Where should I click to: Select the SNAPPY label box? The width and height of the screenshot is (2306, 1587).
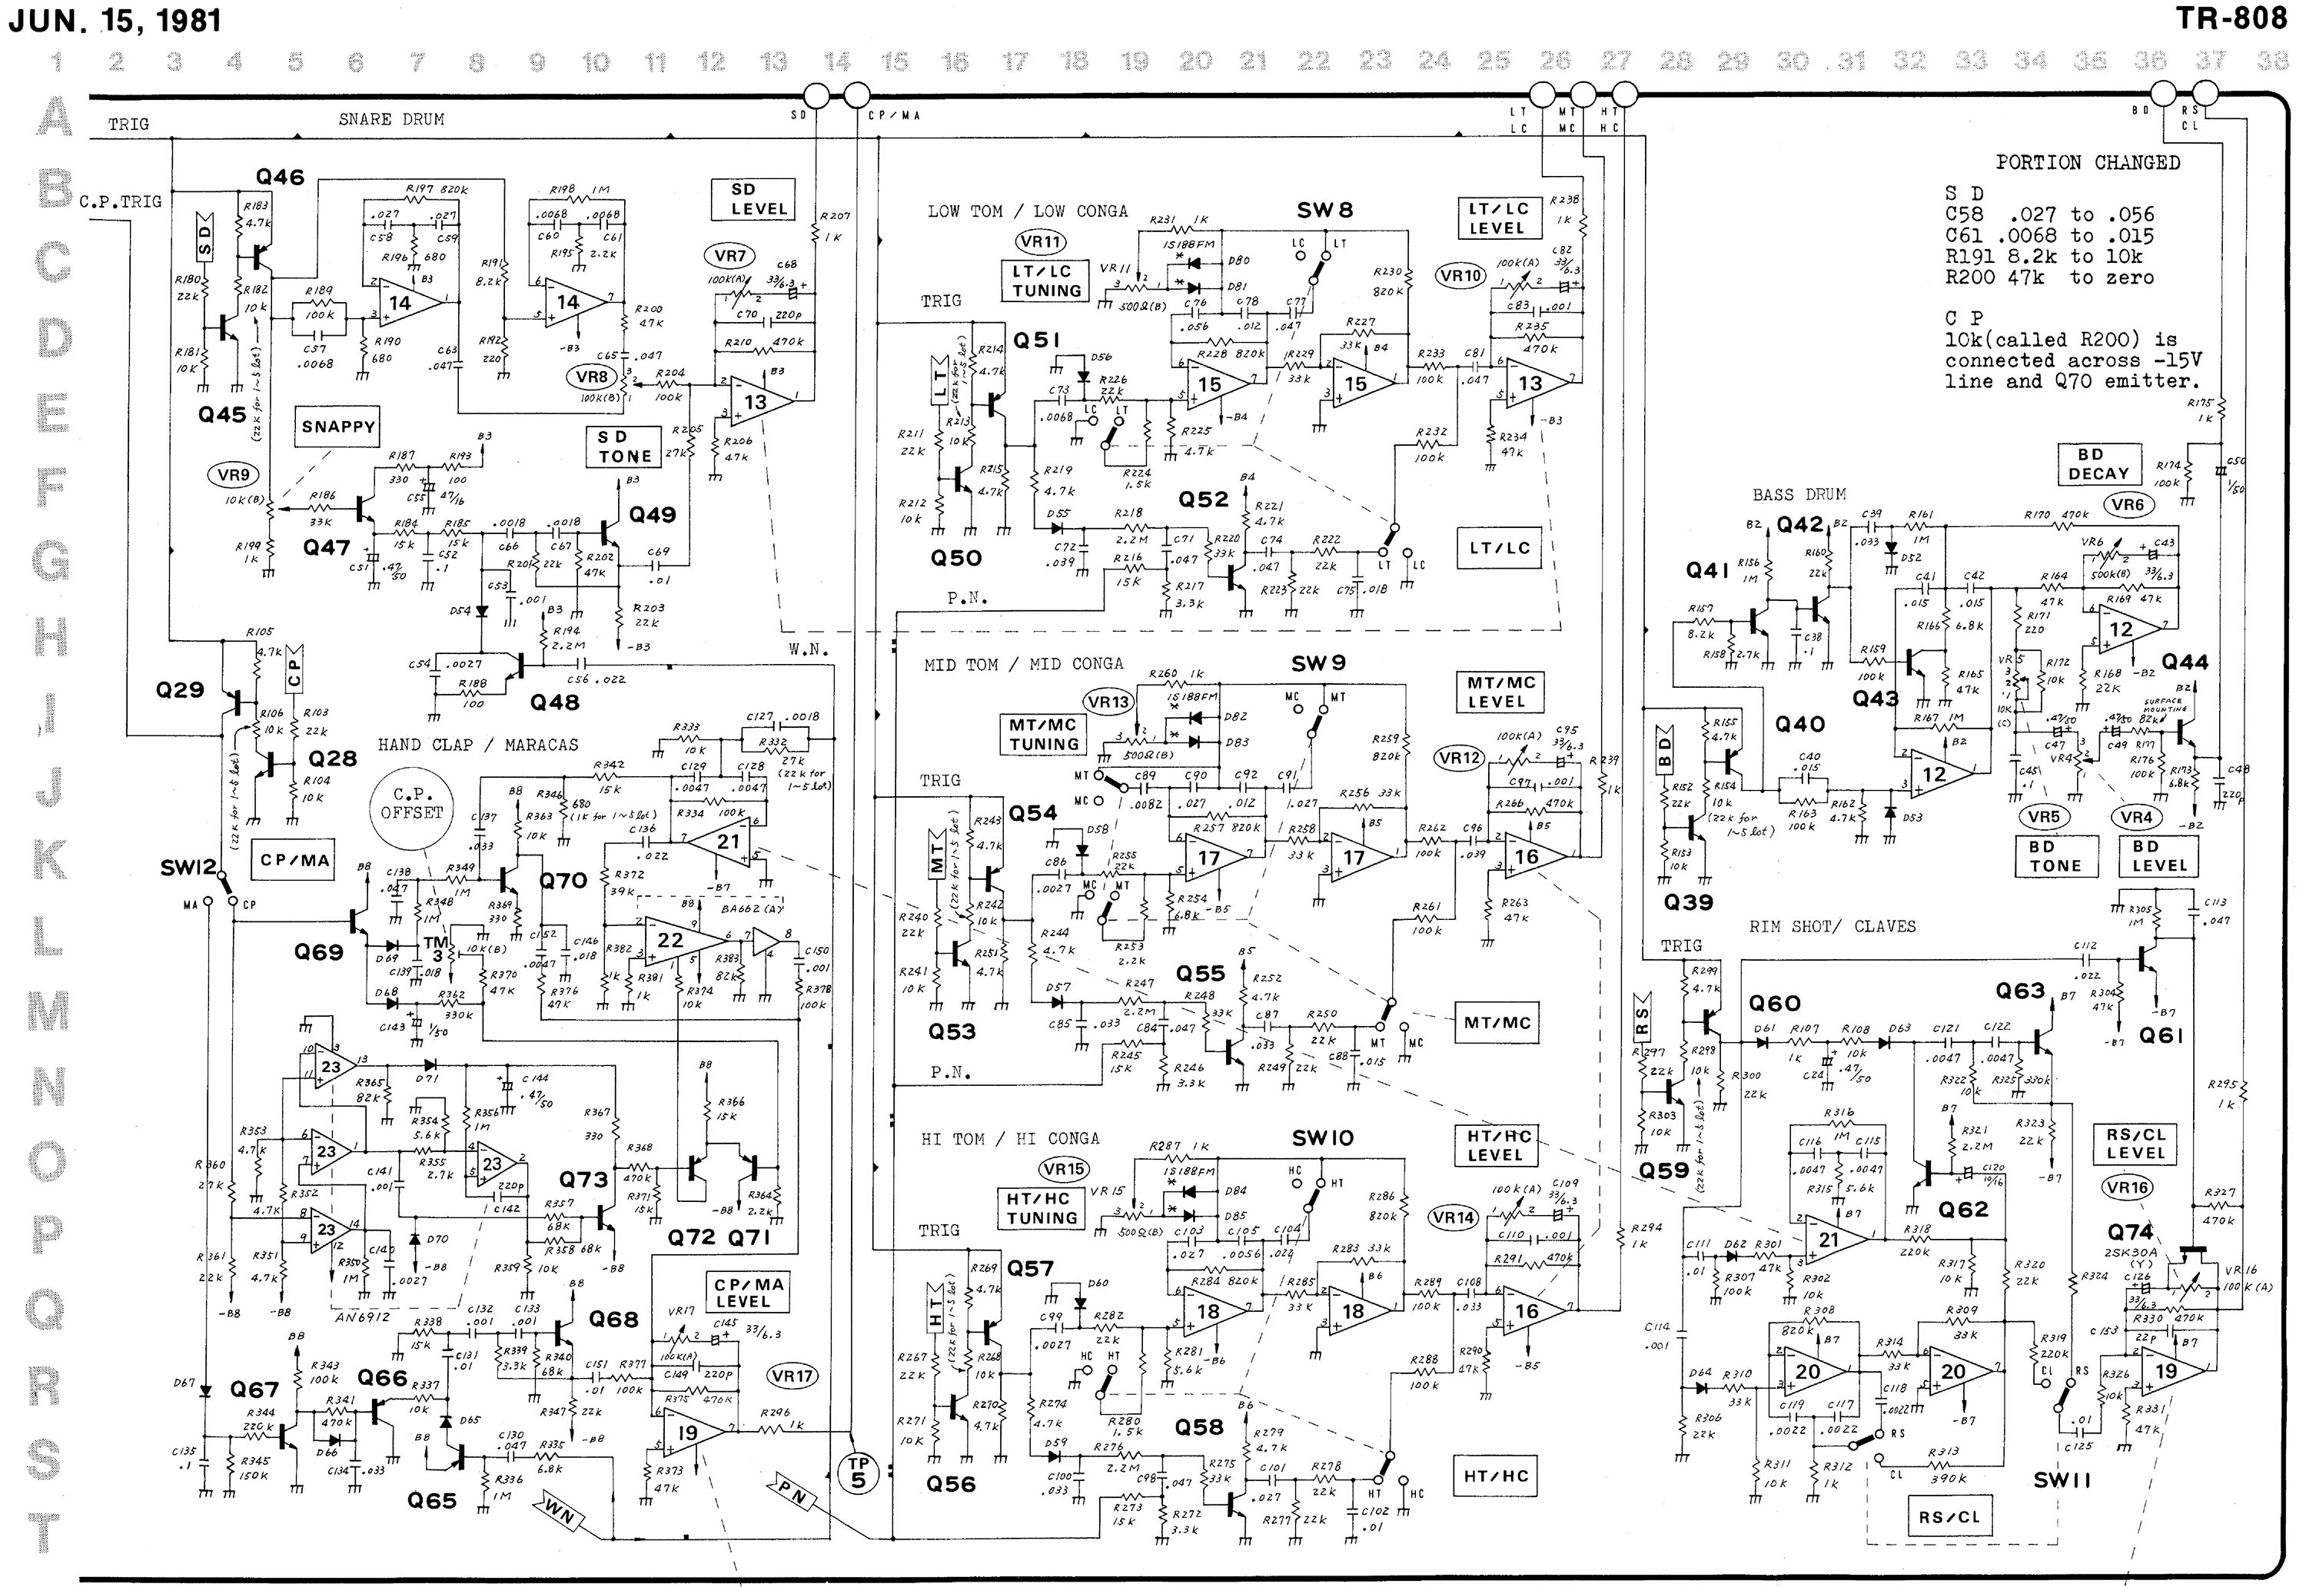[x=338, y=427]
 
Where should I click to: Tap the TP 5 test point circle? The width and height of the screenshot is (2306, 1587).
[x=858, y=1471]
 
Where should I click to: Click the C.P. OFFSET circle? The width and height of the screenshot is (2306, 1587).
[x=412, y=802]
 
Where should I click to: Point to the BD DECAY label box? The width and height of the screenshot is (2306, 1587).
[x=2098, y=463]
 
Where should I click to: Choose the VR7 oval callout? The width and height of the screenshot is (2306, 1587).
[x=730, y=256]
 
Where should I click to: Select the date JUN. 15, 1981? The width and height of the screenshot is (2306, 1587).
[x=115, y=21]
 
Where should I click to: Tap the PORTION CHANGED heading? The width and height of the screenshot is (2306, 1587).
[x=2087, y=162]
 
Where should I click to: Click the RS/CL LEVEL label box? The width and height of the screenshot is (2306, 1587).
[x=2135, y=1144]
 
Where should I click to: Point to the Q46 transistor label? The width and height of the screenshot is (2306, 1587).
[x=280, y=177]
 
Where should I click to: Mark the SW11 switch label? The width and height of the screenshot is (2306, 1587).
[x=2062, y=1479]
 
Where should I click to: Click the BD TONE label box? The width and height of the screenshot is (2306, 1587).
[x=2055, y=856]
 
